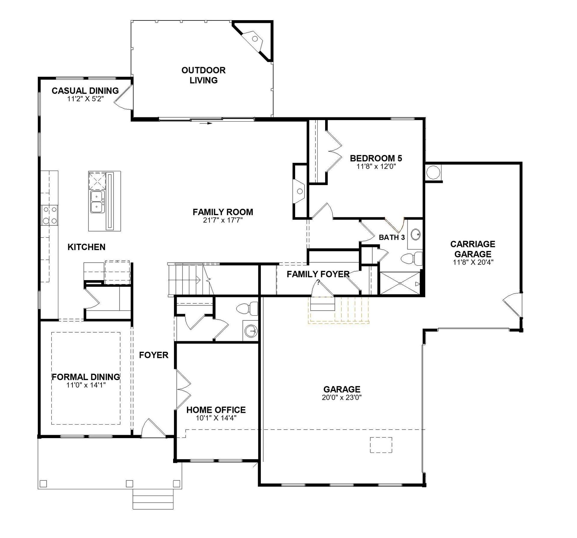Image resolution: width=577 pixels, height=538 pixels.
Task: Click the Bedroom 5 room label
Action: [x=376, y=158]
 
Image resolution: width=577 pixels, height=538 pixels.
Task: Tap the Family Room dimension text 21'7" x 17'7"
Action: [x=223, y=220]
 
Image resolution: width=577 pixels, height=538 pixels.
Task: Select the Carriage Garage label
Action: [x=473, y=249]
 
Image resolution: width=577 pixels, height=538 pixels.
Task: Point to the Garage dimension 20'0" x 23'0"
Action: [x=342, y=397]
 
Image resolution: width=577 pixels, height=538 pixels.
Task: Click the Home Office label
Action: [x=216, y=410]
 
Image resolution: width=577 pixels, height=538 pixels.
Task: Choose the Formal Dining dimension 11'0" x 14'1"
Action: [x=86, y=385]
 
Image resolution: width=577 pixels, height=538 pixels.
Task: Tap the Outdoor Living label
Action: [x=203, y=75]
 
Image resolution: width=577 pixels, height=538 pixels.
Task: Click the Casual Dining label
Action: [x=85, y=91]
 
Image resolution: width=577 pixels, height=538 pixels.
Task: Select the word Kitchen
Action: [x=87, y=247]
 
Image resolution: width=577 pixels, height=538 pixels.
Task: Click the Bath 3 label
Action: [x=392, y=237]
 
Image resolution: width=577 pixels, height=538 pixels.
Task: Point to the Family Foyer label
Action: [x=318, y=274]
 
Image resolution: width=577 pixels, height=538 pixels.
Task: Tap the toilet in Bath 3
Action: [x=411, y=259]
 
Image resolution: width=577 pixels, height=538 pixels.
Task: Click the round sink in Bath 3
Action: [x=415, y=234]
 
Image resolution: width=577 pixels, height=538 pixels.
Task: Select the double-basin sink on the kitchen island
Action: [x=97, y=202]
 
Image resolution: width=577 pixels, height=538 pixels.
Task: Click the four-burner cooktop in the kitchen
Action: [x=50, y=215]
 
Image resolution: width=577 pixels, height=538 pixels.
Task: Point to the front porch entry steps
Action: [x=153, y=499]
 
